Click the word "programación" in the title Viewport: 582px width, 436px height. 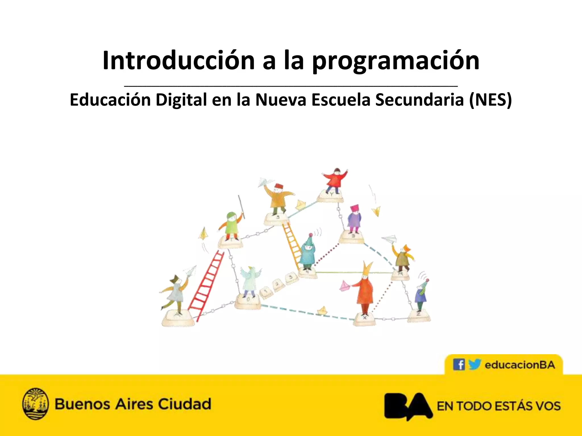[x=396, y=61]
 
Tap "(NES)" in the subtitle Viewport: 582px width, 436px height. [x=490, y=100]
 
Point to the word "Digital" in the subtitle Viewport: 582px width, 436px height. [x=181, y=100]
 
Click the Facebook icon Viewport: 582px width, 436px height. [x=459, y=364]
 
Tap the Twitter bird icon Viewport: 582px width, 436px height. [x=474, y=364]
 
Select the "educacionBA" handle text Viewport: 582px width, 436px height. [x=520, y=365]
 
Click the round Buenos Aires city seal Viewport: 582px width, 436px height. [x=35, y=404]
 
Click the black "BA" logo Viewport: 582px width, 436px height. [x=408, y=406]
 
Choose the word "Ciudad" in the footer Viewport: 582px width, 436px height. [x=184, y=404]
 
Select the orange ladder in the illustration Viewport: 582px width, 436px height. [x=292, y=244]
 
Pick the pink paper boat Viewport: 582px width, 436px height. [x=344, y=286]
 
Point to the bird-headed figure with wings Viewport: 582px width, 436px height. [x=250, y=281]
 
